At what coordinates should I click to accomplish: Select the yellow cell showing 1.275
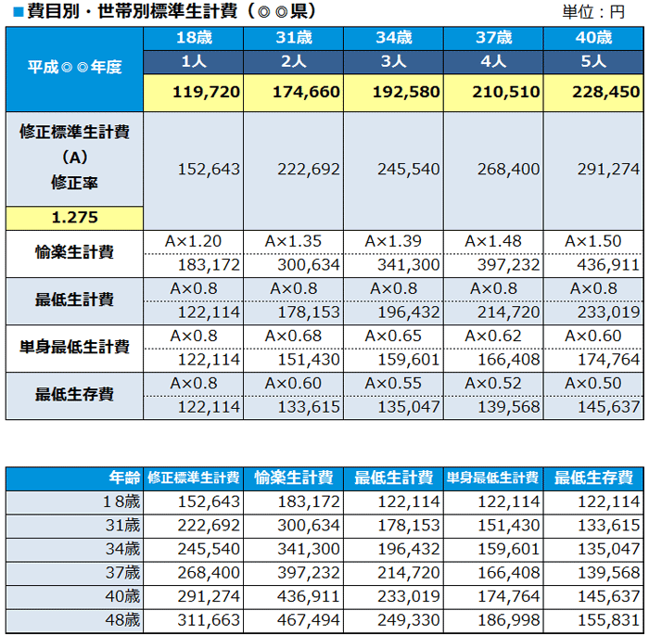(x=75, y=218)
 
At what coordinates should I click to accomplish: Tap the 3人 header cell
(x=393, y=61)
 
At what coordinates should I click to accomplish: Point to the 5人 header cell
(x=593, y=61)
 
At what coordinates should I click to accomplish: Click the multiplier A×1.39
(x=393, y=241)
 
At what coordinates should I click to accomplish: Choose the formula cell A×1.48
(x=493, y=241)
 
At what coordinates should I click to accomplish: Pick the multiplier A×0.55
(x=393, y=383)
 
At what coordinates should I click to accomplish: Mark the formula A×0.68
(x=293, y=336)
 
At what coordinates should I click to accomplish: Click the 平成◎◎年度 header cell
(x=75, y=68)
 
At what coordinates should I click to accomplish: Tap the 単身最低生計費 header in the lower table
(x=492, y=478)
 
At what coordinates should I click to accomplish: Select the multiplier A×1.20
(x=193, y=241)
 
